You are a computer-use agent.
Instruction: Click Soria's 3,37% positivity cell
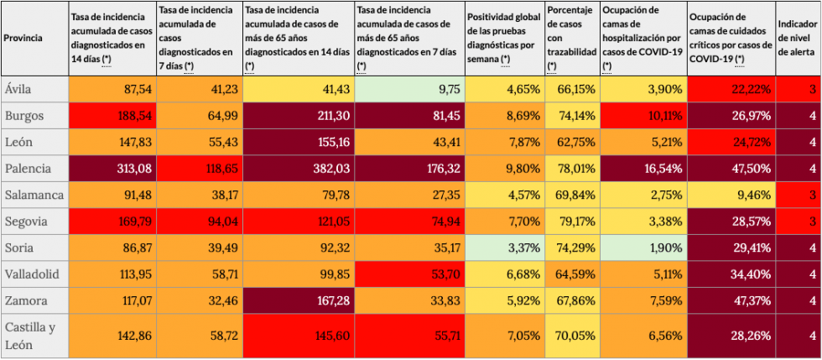coord(505,249)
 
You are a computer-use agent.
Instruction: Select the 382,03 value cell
coord(299,169)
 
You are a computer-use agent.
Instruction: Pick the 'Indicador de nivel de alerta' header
coord(799,38)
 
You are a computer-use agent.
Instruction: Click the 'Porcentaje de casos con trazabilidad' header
coord(572,38)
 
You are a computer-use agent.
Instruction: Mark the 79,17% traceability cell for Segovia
coord(572,222)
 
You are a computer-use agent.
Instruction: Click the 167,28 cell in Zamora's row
coord(299,303)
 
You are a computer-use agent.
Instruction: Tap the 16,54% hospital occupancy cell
coord(643,169)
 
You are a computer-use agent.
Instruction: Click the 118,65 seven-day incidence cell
coord(198,169)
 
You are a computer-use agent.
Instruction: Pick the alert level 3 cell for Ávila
coord(799,88)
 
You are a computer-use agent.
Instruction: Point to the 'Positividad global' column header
coord(505,38)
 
